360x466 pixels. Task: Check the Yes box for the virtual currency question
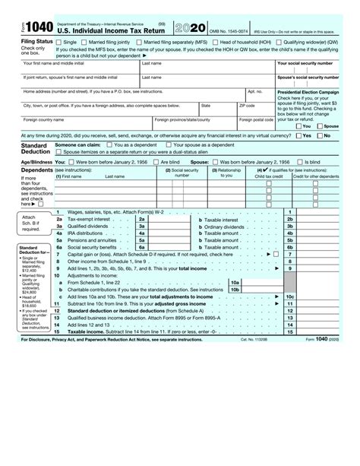click(x=299, y=135)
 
